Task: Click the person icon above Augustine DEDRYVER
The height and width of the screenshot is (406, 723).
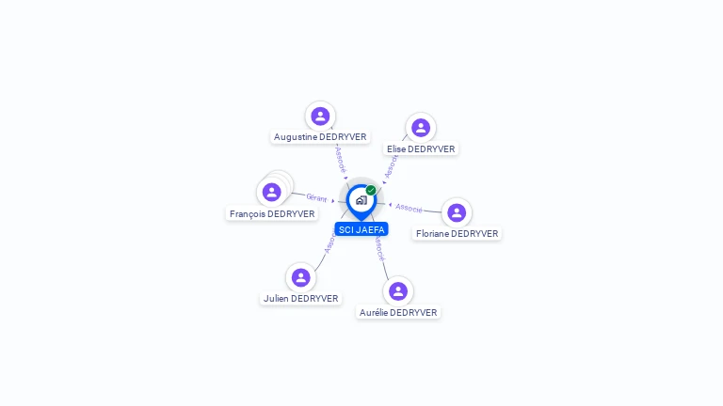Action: click(x=320, y=116)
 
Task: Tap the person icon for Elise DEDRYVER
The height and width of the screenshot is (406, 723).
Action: click(x=421, y=128)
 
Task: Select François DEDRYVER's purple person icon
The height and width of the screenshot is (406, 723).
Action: click(x=272, y=192)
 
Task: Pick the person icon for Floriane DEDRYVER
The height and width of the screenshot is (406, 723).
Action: click(x=457, y=212)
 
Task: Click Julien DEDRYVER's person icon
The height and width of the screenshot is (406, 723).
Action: click(x=301, y=277)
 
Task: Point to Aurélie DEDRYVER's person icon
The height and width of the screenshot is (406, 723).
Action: click(x=398, y=290)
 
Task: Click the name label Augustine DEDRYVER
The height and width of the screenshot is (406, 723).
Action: click(x=320, y=136)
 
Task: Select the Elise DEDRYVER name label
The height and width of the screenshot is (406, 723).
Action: click(x=421, y=148)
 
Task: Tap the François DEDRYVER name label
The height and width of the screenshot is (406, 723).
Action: click(x=272, y=213)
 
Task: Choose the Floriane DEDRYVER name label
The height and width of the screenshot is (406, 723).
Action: click(x=457, y=233)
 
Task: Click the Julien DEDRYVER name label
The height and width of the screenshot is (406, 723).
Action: click(x=300, y=298)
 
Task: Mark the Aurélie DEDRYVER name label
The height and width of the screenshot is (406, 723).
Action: click(x=398, y=312)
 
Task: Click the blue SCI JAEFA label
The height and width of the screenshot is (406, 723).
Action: click(x=361, y=229)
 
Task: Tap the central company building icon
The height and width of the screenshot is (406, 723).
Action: click(x=361, y=199)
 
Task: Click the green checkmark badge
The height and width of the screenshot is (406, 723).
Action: click(x=371, y=190)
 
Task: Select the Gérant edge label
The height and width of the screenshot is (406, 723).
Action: click(x=316, y=197)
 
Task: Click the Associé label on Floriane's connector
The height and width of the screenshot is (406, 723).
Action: click(x=409, y=207)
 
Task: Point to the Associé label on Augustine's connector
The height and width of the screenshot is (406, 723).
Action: click(x=341, y=158)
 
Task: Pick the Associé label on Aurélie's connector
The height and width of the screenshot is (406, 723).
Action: click(x=378, y=247)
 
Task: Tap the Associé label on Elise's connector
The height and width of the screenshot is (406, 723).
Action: click(x=392, y=164)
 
